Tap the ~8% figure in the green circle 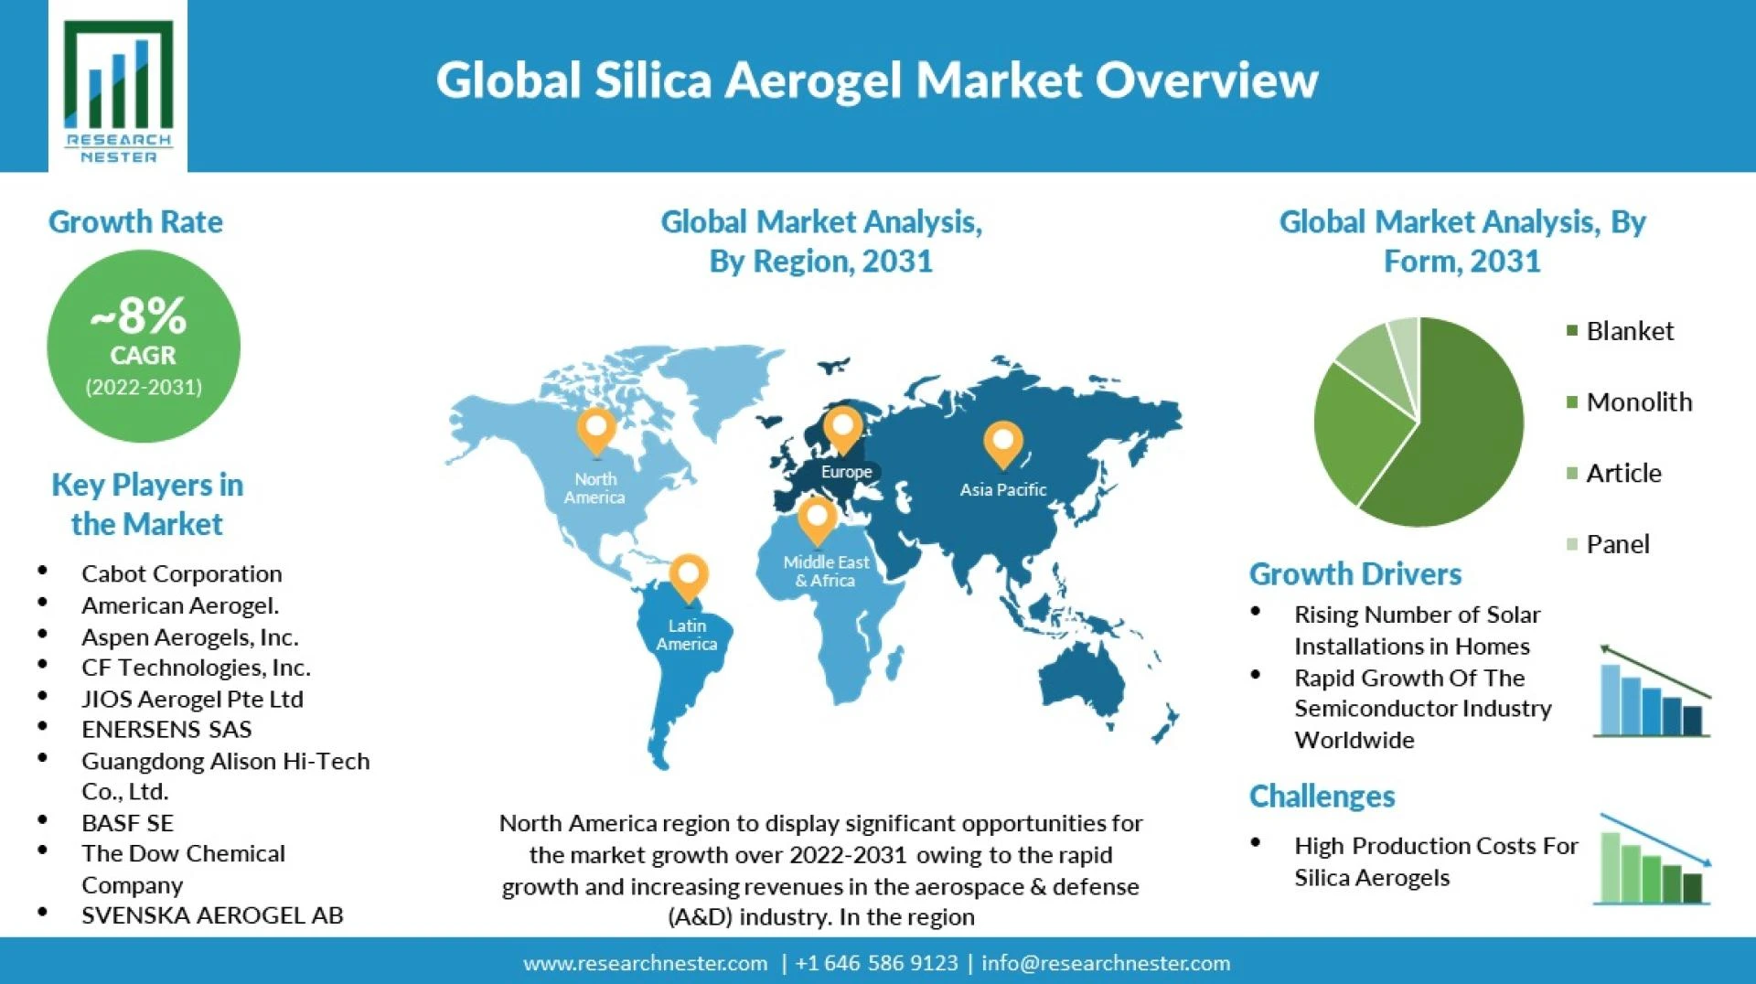coord(139,316)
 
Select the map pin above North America coord(596,432)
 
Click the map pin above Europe coord(842,430)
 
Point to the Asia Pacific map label coord(1003,489)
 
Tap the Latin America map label coord(687,635)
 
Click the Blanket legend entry coord(1620,331)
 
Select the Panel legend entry coord(1608,544)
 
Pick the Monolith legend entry coord(1629,401)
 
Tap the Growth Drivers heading coord(1355,574)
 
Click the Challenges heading coord(1322,797)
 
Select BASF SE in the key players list coord(127,823)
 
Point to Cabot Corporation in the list coord(181,573)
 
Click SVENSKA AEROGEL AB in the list coord(212,915)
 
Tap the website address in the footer coord(645,963)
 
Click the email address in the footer coord(1106,963)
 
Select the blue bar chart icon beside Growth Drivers coord(1652,691)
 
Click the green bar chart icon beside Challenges coord(1652,860)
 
